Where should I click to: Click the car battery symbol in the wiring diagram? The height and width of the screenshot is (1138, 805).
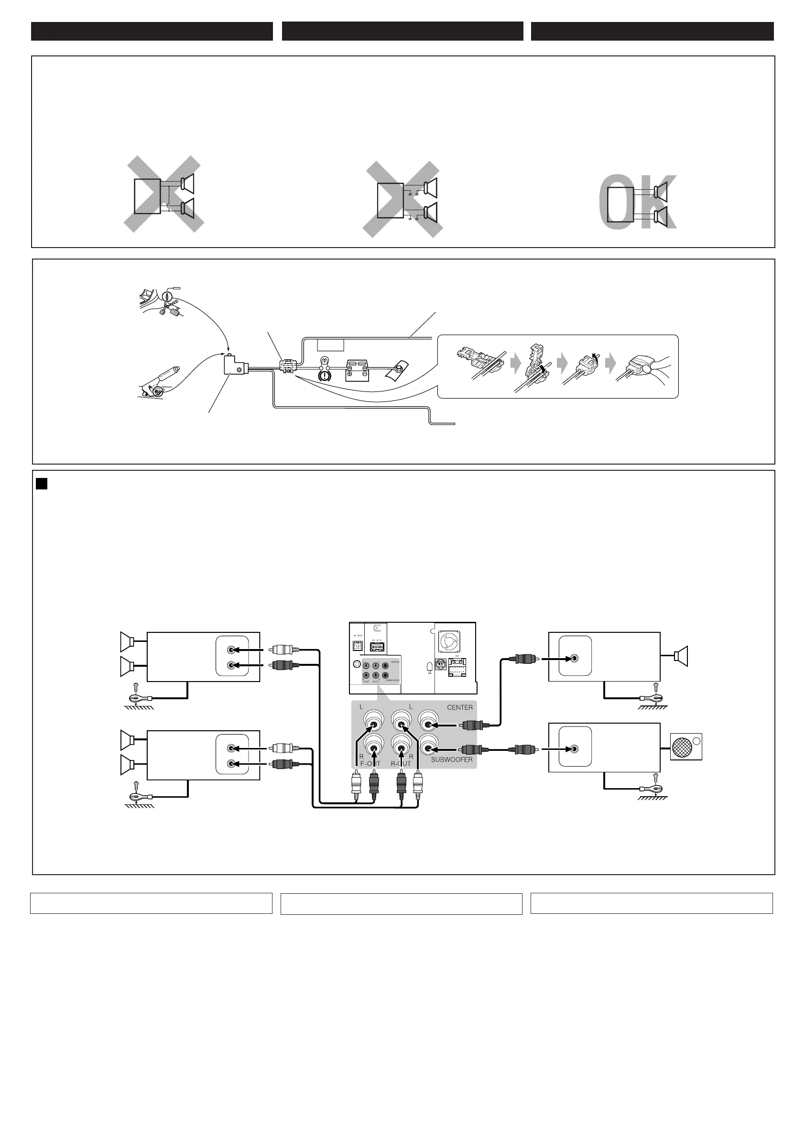[357, 370]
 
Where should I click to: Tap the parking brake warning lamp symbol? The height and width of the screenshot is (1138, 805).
[325, 375]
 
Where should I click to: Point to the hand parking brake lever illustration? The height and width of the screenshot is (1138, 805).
[160, 382]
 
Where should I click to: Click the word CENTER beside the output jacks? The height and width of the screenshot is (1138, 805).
[459, 707]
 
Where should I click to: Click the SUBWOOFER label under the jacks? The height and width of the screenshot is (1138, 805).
[452, 759]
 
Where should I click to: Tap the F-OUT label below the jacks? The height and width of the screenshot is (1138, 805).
[370, 764]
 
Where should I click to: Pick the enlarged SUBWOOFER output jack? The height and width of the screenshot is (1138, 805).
[428, 748]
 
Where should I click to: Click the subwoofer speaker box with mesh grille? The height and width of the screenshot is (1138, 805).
[686, 747]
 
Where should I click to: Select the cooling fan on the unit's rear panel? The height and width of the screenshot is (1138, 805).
[449, 642]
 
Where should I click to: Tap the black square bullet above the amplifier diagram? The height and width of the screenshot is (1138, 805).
[42, 483]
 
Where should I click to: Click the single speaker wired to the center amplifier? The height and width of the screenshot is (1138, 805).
[682, 656]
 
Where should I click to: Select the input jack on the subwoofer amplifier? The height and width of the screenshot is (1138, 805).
[575, 748]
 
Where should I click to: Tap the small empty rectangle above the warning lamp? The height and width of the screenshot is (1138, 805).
[330, 345]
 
